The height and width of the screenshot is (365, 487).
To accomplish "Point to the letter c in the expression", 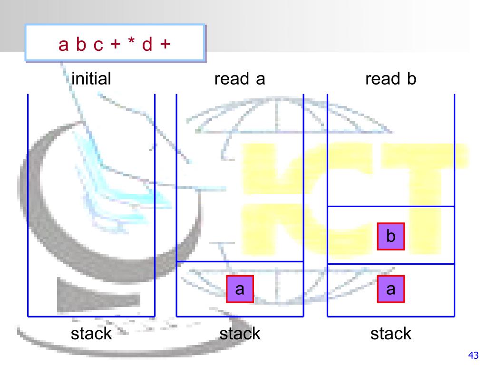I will tap(98, 45).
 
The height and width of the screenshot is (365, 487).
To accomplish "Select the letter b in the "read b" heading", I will tap(411, 78).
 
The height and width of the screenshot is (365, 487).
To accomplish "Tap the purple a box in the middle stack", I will tap(240, 289).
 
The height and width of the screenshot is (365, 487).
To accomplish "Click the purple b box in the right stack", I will tap(391, 236).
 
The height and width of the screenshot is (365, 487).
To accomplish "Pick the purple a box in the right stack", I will tap(391, 289).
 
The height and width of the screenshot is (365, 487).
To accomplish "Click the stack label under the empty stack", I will tap(91, 333).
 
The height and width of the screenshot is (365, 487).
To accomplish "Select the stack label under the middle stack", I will tap(240, 333).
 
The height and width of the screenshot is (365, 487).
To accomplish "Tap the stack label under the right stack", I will tap(391, 333).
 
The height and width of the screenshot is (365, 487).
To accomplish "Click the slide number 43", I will tap(473, 355).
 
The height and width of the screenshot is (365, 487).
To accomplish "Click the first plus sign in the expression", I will tap(115, 45).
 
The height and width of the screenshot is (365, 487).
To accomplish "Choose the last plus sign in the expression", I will tap(165, 45).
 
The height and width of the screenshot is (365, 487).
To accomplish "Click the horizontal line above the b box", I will tap(391, 207).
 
